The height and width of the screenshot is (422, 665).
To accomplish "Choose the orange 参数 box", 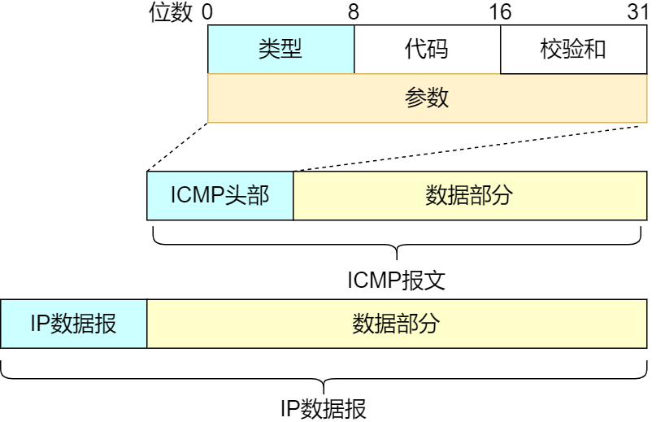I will click(428, 98).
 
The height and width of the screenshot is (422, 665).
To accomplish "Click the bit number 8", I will click(353, 12).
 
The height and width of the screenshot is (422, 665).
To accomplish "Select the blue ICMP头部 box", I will click(219, 196).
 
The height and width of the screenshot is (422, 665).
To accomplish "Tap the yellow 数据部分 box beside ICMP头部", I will click(470, 196).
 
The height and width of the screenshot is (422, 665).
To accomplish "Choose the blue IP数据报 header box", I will click(73, 323).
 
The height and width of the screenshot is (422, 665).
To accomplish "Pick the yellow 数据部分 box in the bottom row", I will click(397, 323).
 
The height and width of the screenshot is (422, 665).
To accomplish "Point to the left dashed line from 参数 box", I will click(177, 147).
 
